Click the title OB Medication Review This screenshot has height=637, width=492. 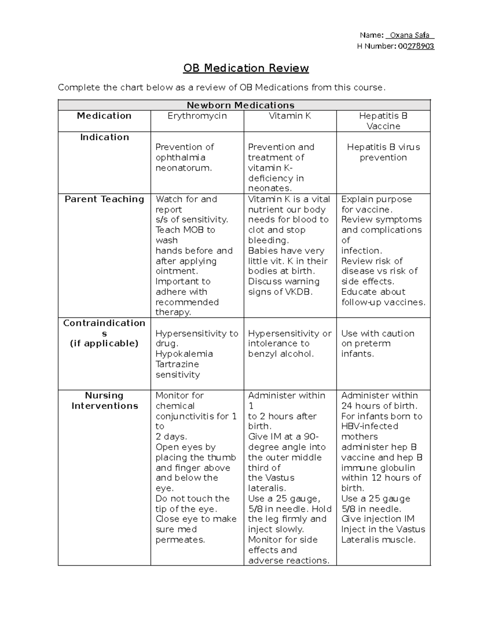246,68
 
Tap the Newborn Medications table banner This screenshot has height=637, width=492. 241,105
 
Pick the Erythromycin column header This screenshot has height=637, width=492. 197,116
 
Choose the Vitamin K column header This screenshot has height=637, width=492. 290,116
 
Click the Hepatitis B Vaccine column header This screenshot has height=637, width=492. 383,121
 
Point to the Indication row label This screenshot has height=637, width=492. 105,137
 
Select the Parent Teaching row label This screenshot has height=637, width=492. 105,199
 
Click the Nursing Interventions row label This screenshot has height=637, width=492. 105,401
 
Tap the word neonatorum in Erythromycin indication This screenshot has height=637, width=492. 184,168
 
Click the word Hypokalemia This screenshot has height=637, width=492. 184,354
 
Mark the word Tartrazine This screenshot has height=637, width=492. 177,364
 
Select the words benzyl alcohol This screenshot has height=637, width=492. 281,354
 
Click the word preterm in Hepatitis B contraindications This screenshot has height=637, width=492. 372,344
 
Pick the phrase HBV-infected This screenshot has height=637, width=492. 369,427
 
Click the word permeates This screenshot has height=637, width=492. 180,540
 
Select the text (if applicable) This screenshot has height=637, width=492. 104,344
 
